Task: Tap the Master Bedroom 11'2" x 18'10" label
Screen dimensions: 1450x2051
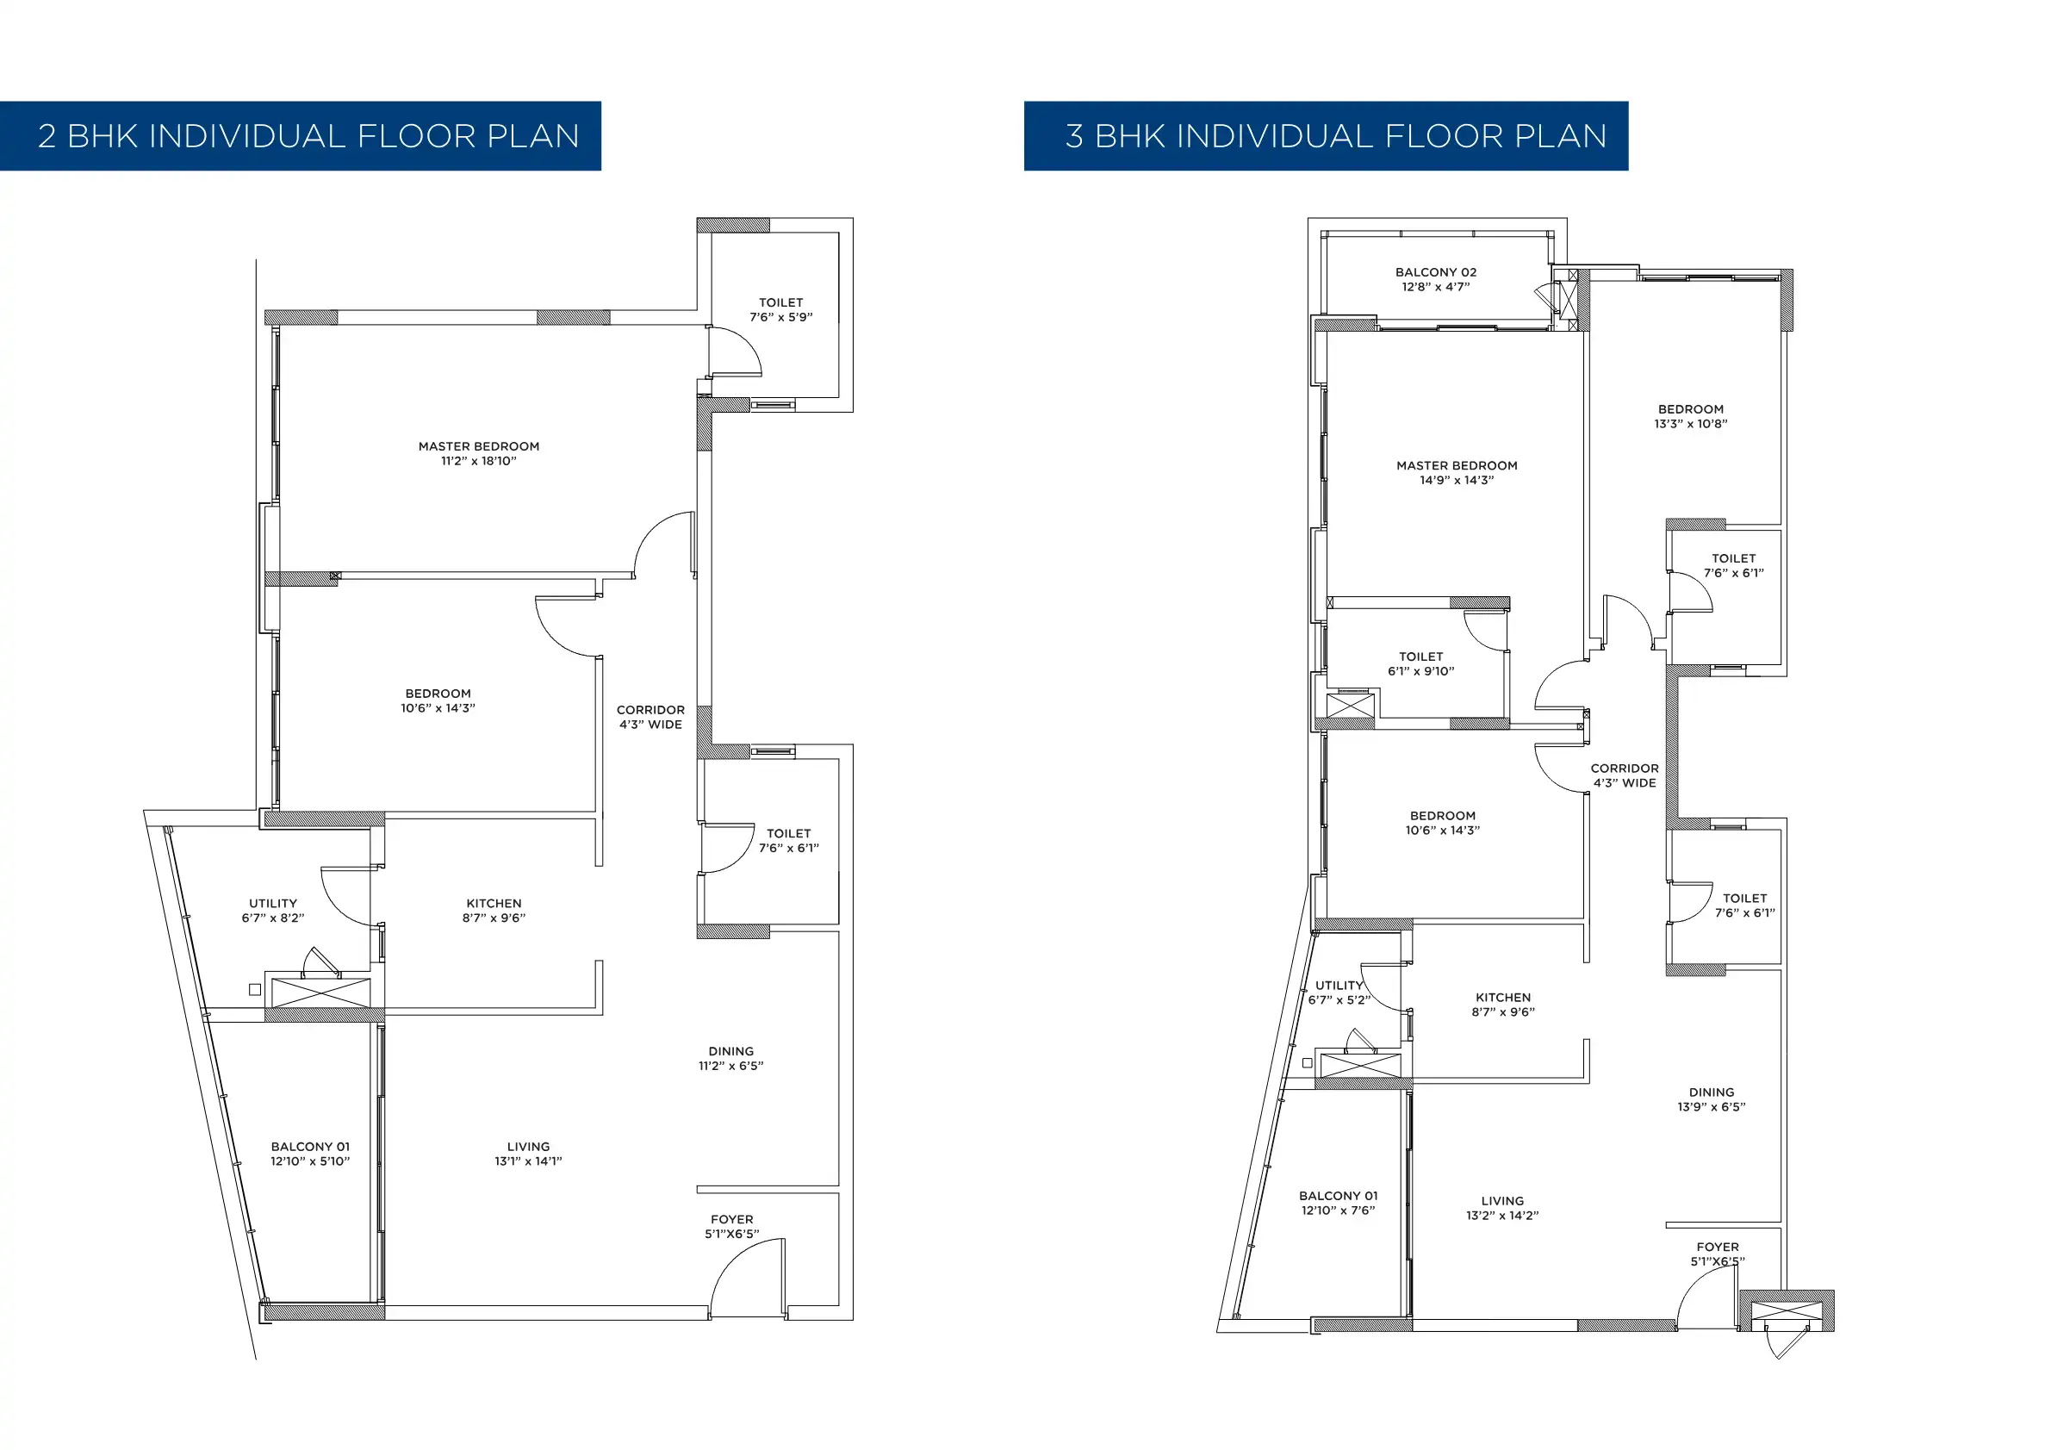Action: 479,454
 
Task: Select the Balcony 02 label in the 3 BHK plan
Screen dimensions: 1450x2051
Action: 1435,280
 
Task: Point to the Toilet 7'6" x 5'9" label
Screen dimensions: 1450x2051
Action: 780,310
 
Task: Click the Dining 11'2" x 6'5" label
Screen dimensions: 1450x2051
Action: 730,1059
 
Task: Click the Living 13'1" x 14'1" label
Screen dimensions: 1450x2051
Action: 528,1154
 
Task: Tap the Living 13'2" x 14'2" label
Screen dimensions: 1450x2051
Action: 1501,1208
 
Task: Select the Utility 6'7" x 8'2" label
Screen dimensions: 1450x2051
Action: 272,911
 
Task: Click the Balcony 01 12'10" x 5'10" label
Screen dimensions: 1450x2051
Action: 310,1154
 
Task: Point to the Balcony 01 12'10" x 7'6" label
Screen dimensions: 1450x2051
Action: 1337,1203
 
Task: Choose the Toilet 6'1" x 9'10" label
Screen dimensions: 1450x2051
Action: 1420,663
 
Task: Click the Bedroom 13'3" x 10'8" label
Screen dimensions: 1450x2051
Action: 1690,416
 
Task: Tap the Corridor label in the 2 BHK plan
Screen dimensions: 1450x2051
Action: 650,718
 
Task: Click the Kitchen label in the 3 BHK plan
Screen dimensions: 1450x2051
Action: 1502,1005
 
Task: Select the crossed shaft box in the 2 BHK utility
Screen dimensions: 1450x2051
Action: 320,993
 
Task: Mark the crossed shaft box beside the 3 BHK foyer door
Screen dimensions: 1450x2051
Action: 1784,1311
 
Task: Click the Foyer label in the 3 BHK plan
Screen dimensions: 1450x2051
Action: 1717,1254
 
